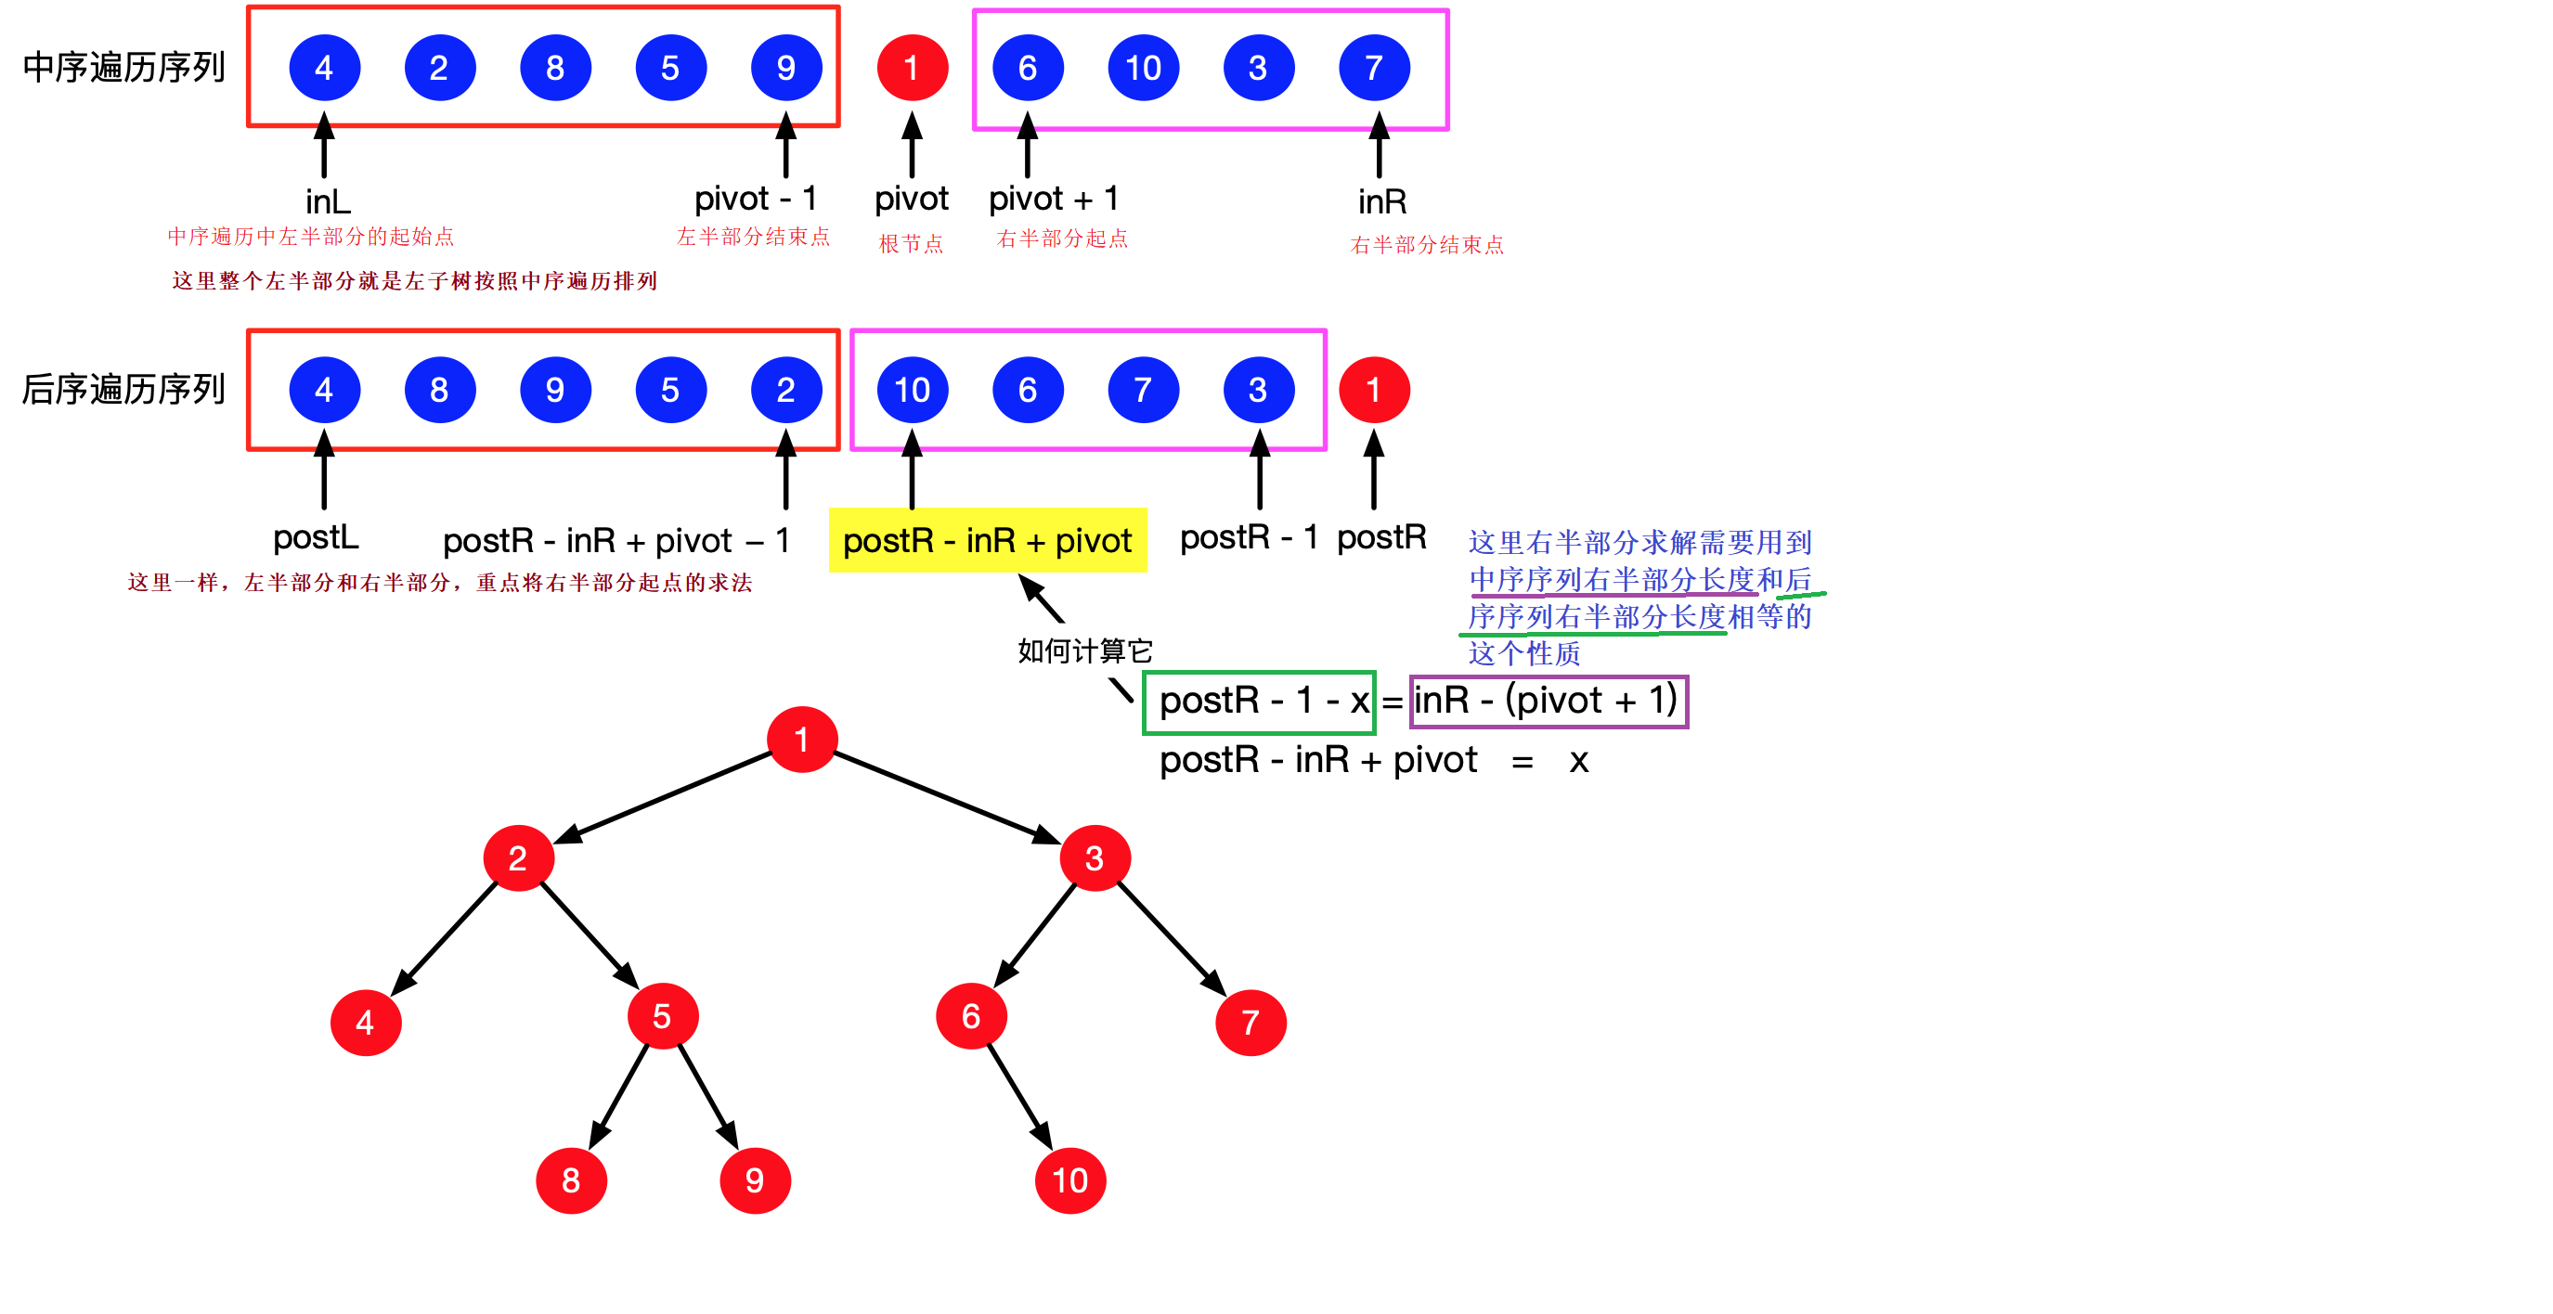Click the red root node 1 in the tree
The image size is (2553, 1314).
[802, 740]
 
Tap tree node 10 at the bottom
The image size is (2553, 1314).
[1069, 1180]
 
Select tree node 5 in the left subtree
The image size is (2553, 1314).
[662, 1016]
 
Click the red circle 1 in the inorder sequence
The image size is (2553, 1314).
[912, 68]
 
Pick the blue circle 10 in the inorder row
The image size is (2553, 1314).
[1143, 68]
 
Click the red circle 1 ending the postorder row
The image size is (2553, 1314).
[1374, 390]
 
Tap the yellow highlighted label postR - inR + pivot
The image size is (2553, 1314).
[987, 541]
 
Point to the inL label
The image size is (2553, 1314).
[328, 202]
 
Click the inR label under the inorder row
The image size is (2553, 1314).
[1381, 202]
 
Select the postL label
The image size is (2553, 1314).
[315, 538]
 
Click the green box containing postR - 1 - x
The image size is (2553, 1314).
[1259, 702]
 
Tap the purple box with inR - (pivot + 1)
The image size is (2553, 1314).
[1549, 701]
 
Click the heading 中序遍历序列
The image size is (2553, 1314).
[123, 68]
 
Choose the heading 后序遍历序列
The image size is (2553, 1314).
[123, 390]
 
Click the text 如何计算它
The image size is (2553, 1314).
[1085, 651]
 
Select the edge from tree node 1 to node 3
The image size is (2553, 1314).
[947, 798]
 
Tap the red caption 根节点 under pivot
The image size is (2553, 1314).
[911, 244]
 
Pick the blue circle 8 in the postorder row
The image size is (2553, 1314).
[439, 390]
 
